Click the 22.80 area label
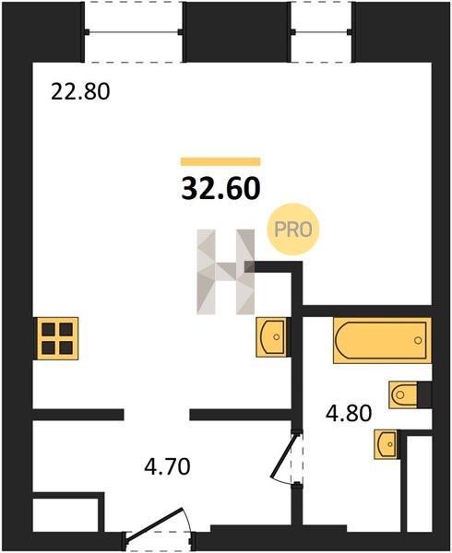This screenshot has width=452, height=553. pyautogui.click(x=80, y=92)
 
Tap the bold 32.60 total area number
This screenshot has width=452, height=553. pyautogui.click(x=220, y=188)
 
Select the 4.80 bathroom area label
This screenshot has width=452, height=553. pyautogui.click(x=349, y=413)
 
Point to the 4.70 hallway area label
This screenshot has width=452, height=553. pyautogui.click(x=167, y=466)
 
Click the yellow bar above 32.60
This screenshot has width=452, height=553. pyautogui.click(x=220, y=161)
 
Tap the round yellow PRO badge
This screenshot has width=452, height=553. pyautogui.click(x=292, y=229)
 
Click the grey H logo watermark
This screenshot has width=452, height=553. pyautogui.click(x=225, y=272)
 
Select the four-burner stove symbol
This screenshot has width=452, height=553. pyautogui.click(x=56, y=338)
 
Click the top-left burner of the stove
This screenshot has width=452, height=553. pyautogui.click(x=48, y=330)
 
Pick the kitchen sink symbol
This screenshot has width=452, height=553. pyautogui.click(x=272, y=337)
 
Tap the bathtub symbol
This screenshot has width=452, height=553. pyautogui.click(x=382, y=340)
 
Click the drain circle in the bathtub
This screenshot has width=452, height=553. pyautogui.click(x=418, y=340)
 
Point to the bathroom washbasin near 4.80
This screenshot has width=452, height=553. pyautogui.click(x=387, y=444)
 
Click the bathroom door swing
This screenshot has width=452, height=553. pyautogui.click(x=284, y=458)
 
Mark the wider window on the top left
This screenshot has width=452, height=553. pyautogui.click(x=134, y=32)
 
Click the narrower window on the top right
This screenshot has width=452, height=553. pyautogui.click(x=321, y=32)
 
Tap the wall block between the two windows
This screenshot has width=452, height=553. pyautogui.click(x=237, y=31)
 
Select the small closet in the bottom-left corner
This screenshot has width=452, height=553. pyautogui.click(x=65, y=515)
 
